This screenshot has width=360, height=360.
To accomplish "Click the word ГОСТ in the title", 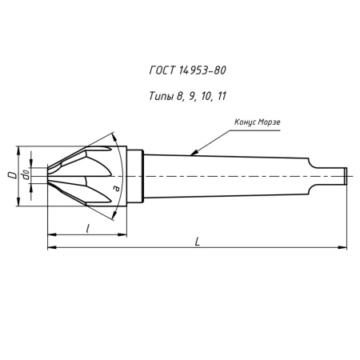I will (x=162, y=71).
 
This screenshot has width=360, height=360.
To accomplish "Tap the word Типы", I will (x=160, y=95).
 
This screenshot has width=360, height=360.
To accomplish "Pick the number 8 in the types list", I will (x=182, y=95).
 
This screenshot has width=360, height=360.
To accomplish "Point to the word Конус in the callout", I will (x=246, y=122).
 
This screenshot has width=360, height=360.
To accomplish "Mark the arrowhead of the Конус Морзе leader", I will (x=190, y=153).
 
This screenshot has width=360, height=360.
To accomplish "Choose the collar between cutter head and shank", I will (x=136, y=173).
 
